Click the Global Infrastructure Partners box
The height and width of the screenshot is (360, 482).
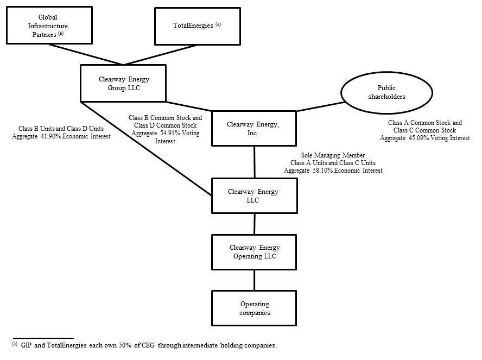[43, 26]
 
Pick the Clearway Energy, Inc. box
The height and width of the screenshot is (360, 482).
[254, 128]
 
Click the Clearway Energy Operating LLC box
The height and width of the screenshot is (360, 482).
[254, 252]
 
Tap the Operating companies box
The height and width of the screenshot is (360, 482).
[254, 308]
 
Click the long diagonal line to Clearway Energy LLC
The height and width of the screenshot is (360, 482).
[147, 149]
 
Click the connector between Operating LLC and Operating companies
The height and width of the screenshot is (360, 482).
[254, 280]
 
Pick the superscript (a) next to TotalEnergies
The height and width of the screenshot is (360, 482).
[218, 23]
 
